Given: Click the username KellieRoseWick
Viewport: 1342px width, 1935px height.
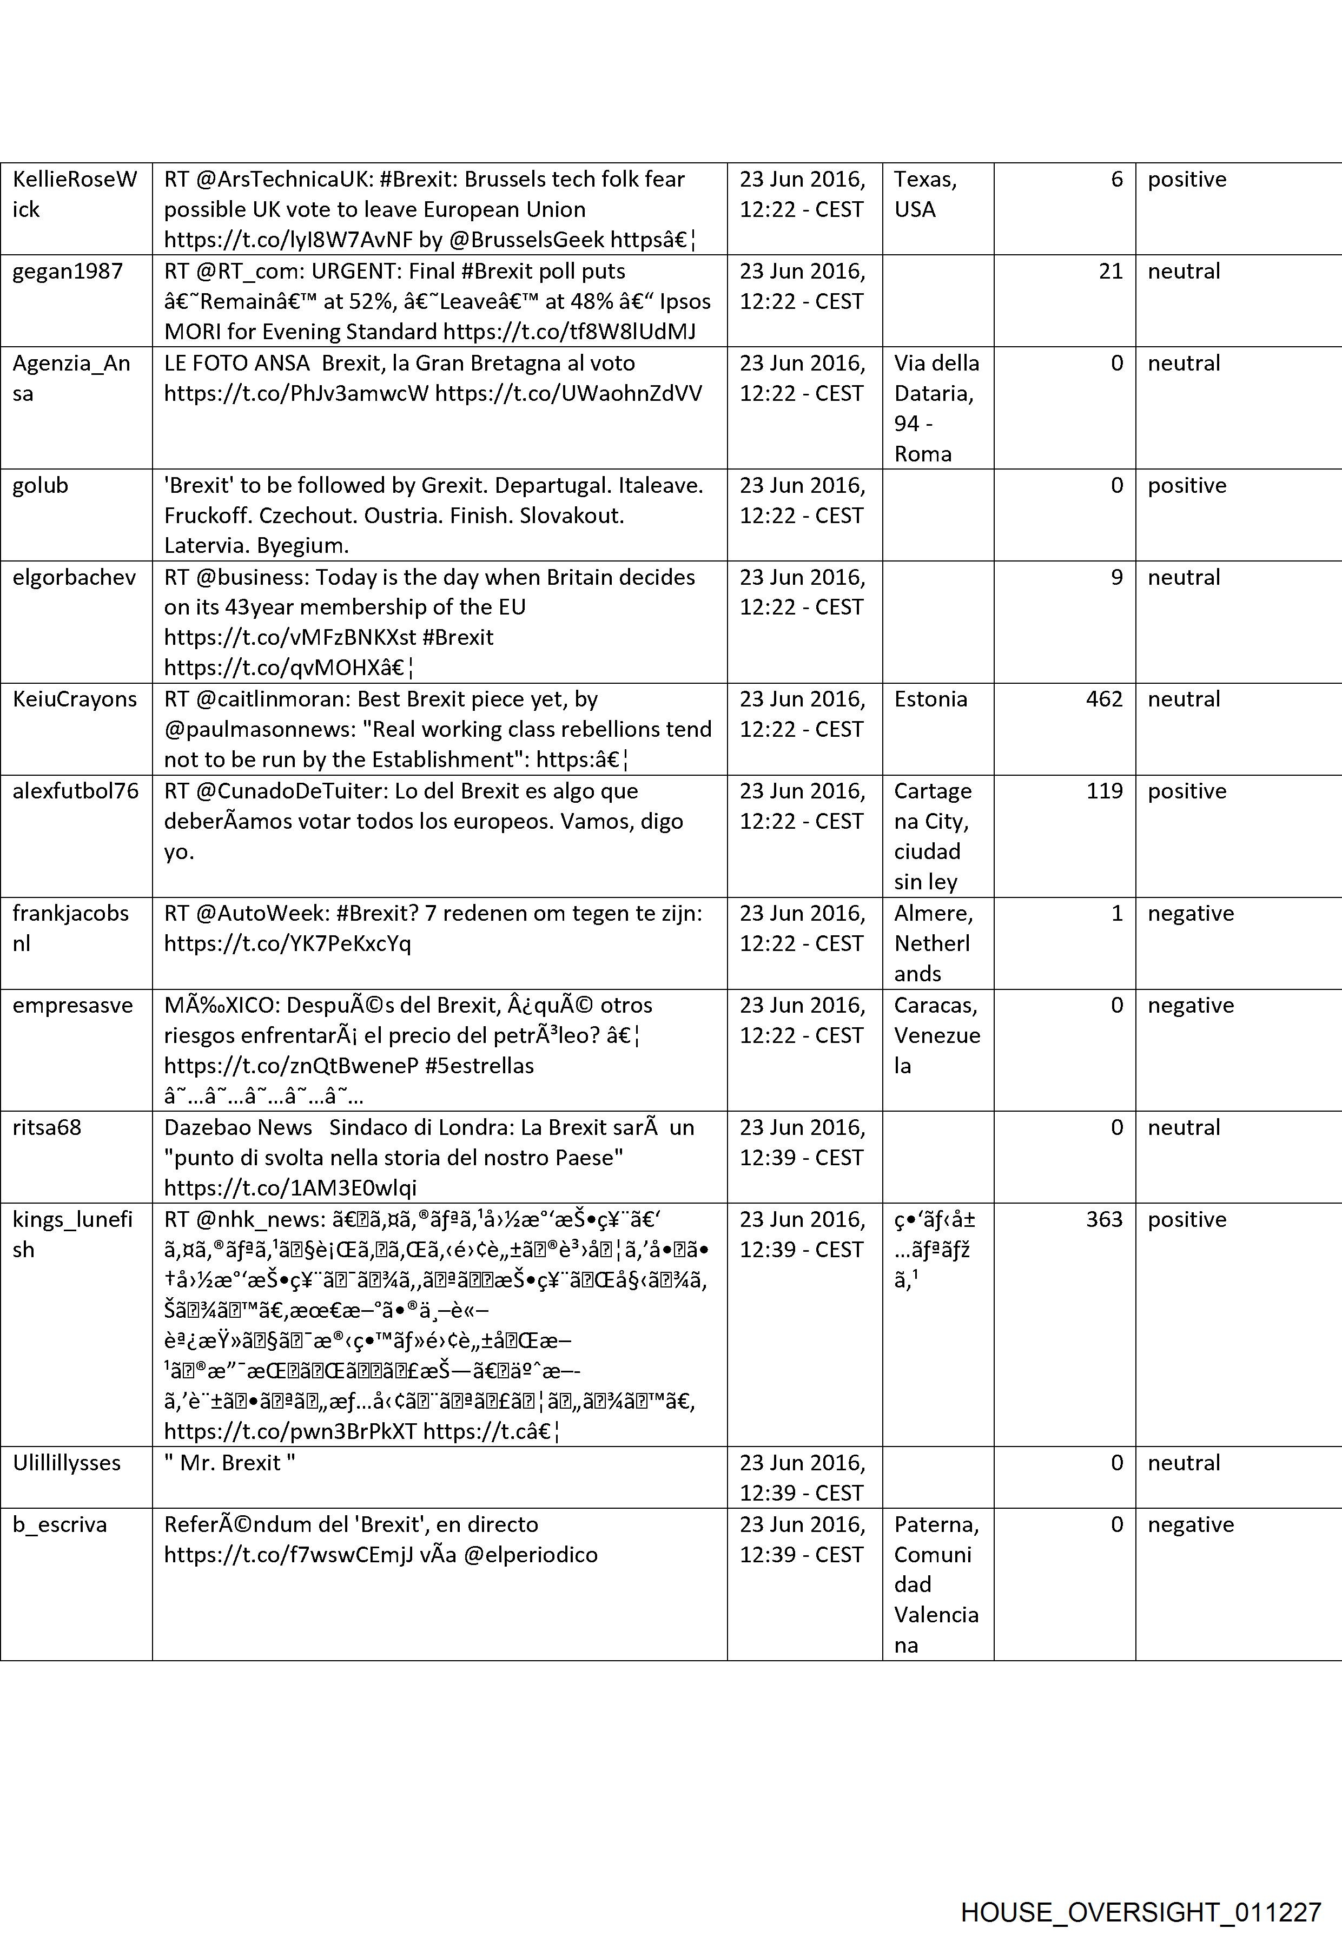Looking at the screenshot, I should click(74, 194).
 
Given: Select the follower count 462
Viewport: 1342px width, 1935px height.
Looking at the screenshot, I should click(1103, 699).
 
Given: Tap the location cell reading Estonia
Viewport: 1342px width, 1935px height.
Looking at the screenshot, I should click(930, 699).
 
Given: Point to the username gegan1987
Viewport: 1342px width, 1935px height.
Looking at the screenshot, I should click(67, 271).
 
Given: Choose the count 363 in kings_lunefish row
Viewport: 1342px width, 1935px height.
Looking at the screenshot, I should click(1103, 1219).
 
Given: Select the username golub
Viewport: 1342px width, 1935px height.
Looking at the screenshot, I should click(39, 485).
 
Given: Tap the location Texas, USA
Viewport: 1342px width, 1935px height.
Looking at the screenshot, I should click(925, 194).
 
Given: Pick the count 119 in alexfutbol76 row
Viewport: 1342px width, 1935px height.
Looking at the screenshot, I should click(1103, 790).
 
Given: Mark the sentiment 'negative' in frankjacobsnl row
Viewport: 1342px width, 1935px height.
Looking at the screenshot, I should click(1190, 913).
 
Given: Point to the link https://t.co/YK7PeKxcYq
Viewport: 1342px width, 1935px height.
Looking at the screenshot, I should click(288, 943).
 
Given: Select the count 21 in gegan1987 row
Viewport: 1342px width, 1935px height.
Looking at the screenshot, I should click(1110, 271).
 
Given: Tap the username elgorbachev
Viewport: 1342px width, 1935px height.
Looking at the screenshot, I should click(74, 577).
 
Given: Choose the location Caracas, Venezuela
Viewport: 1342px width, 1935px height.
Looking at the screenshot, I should click(937, 1035).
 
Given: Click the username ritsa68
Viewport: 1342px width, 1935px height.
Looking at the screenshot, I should click(47, 1127).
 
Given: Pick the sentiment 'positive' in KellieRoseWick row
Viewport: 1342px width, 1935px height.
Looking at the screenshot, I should click(1186, 179).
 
